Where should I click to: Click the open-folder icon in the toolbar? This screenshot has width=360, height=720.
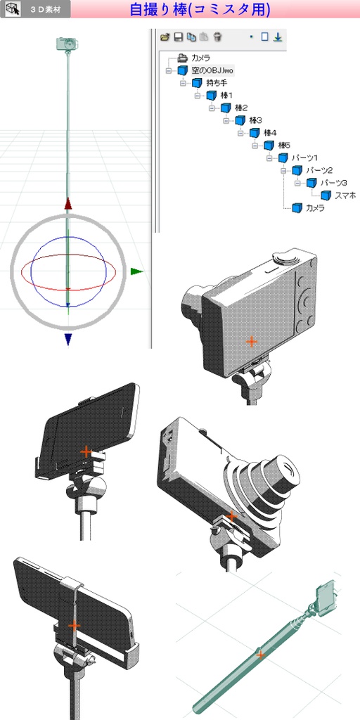pyautogui.click(x=165, y=37)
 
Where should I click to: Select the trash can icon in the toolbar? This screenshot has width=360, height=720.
pyautogui.click(x=218, y=37)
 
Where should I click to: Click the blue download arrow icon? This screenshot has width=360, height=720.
pyautogui.click(x=277, y=37)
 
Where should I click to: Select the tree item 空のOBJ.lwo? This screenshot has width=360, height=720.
pyautogui.click(x=212, y=71)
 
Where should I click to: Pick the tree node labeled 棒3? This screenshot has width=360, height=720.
pyautogui.click(x=255, y=120)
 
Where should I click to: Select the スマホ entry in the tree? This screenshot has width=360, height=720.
pyautogui.click(x=345, y=195)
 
